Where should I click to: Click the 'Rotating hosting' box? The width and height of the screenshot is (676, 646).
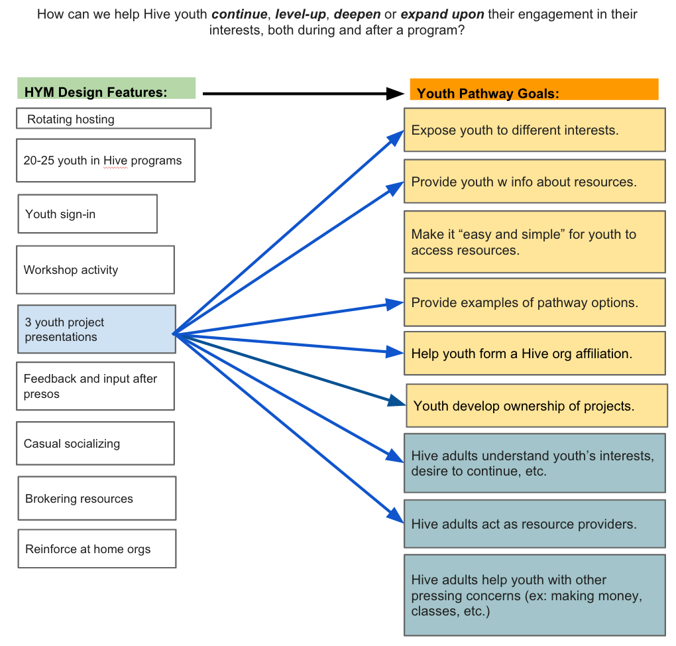pyautogui.click(x=113, y=119)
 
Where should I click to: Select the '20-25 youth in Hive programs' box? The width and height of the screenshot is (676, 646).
pyautogui.click(x=105, y=160)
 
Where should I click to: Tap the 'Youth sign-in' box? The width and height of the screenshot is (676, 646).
pyautogui.click(x=87, y=214)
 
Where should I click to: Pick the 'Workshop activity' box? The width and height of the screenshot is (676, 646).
pyautogui.click(x=95, y=270)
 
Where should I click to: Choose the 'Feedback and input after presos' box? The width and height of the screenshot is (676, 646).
pyautogui.click(x=95, y=386)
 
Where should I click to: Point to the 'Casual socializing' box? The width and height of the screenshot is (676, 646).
pyautogui.click(x=95, y=443)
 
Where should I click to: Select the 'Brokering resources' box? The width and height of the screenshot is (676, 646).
pyautogui.click(x=97, y=498)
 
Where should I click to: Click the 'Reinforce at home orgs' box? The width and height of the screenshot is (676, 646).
pyautogui.click(x=97, y=549)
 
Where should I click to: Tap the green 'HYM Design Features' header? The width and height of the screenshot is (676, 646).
pyautogui.click(x=106, y=89)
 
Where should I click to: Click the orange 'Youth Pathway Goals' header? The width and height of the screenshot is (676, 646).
pyautogui.click(x=534, y=90)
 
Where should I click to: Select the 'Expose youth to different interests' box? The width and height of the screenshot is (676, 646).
pyautogui.click(x=534, y=130)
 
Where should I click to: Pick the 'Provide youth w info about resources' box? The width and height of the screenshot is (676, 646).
pyautogui.click(x=534, y=181)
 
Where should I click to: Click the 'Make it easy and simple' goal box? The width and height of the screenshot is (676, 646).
pyautogui.click(x=534, y=242)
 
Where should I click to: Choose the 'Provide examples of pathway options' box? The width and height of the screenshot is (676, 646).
pyautogui.click(x=534, y=302)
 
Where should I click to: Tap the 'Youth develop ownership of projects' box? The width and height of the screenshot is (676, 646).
pyautogui.click(x=536, y=405)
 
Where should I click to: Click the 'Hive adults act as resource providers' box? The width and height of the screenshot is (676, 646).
pyautogui.click(x=534, y=524)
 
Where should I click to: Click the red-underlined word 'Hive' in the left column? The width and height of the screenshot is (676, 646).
pyautogui.click(x=115, y=161)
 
